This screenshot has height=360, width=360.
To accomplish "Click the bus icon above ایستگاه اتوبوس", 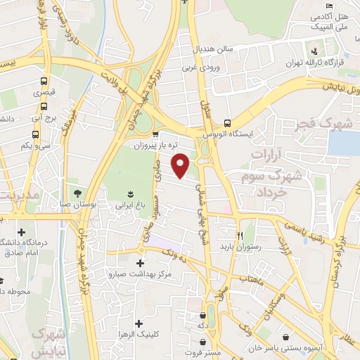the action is [x=226, y=121].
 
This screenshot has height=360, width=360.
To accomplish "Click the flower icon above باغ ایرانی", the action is [x=130, y=193].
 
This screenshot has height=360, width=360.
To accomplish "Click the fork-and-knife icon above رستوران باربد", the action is [x=240, y=236].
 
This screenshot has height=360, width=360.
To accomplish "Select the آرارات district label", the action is [x=275, y=152].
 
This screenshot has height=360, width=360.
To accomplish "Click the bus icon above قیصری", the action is [x=44, y=80].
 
